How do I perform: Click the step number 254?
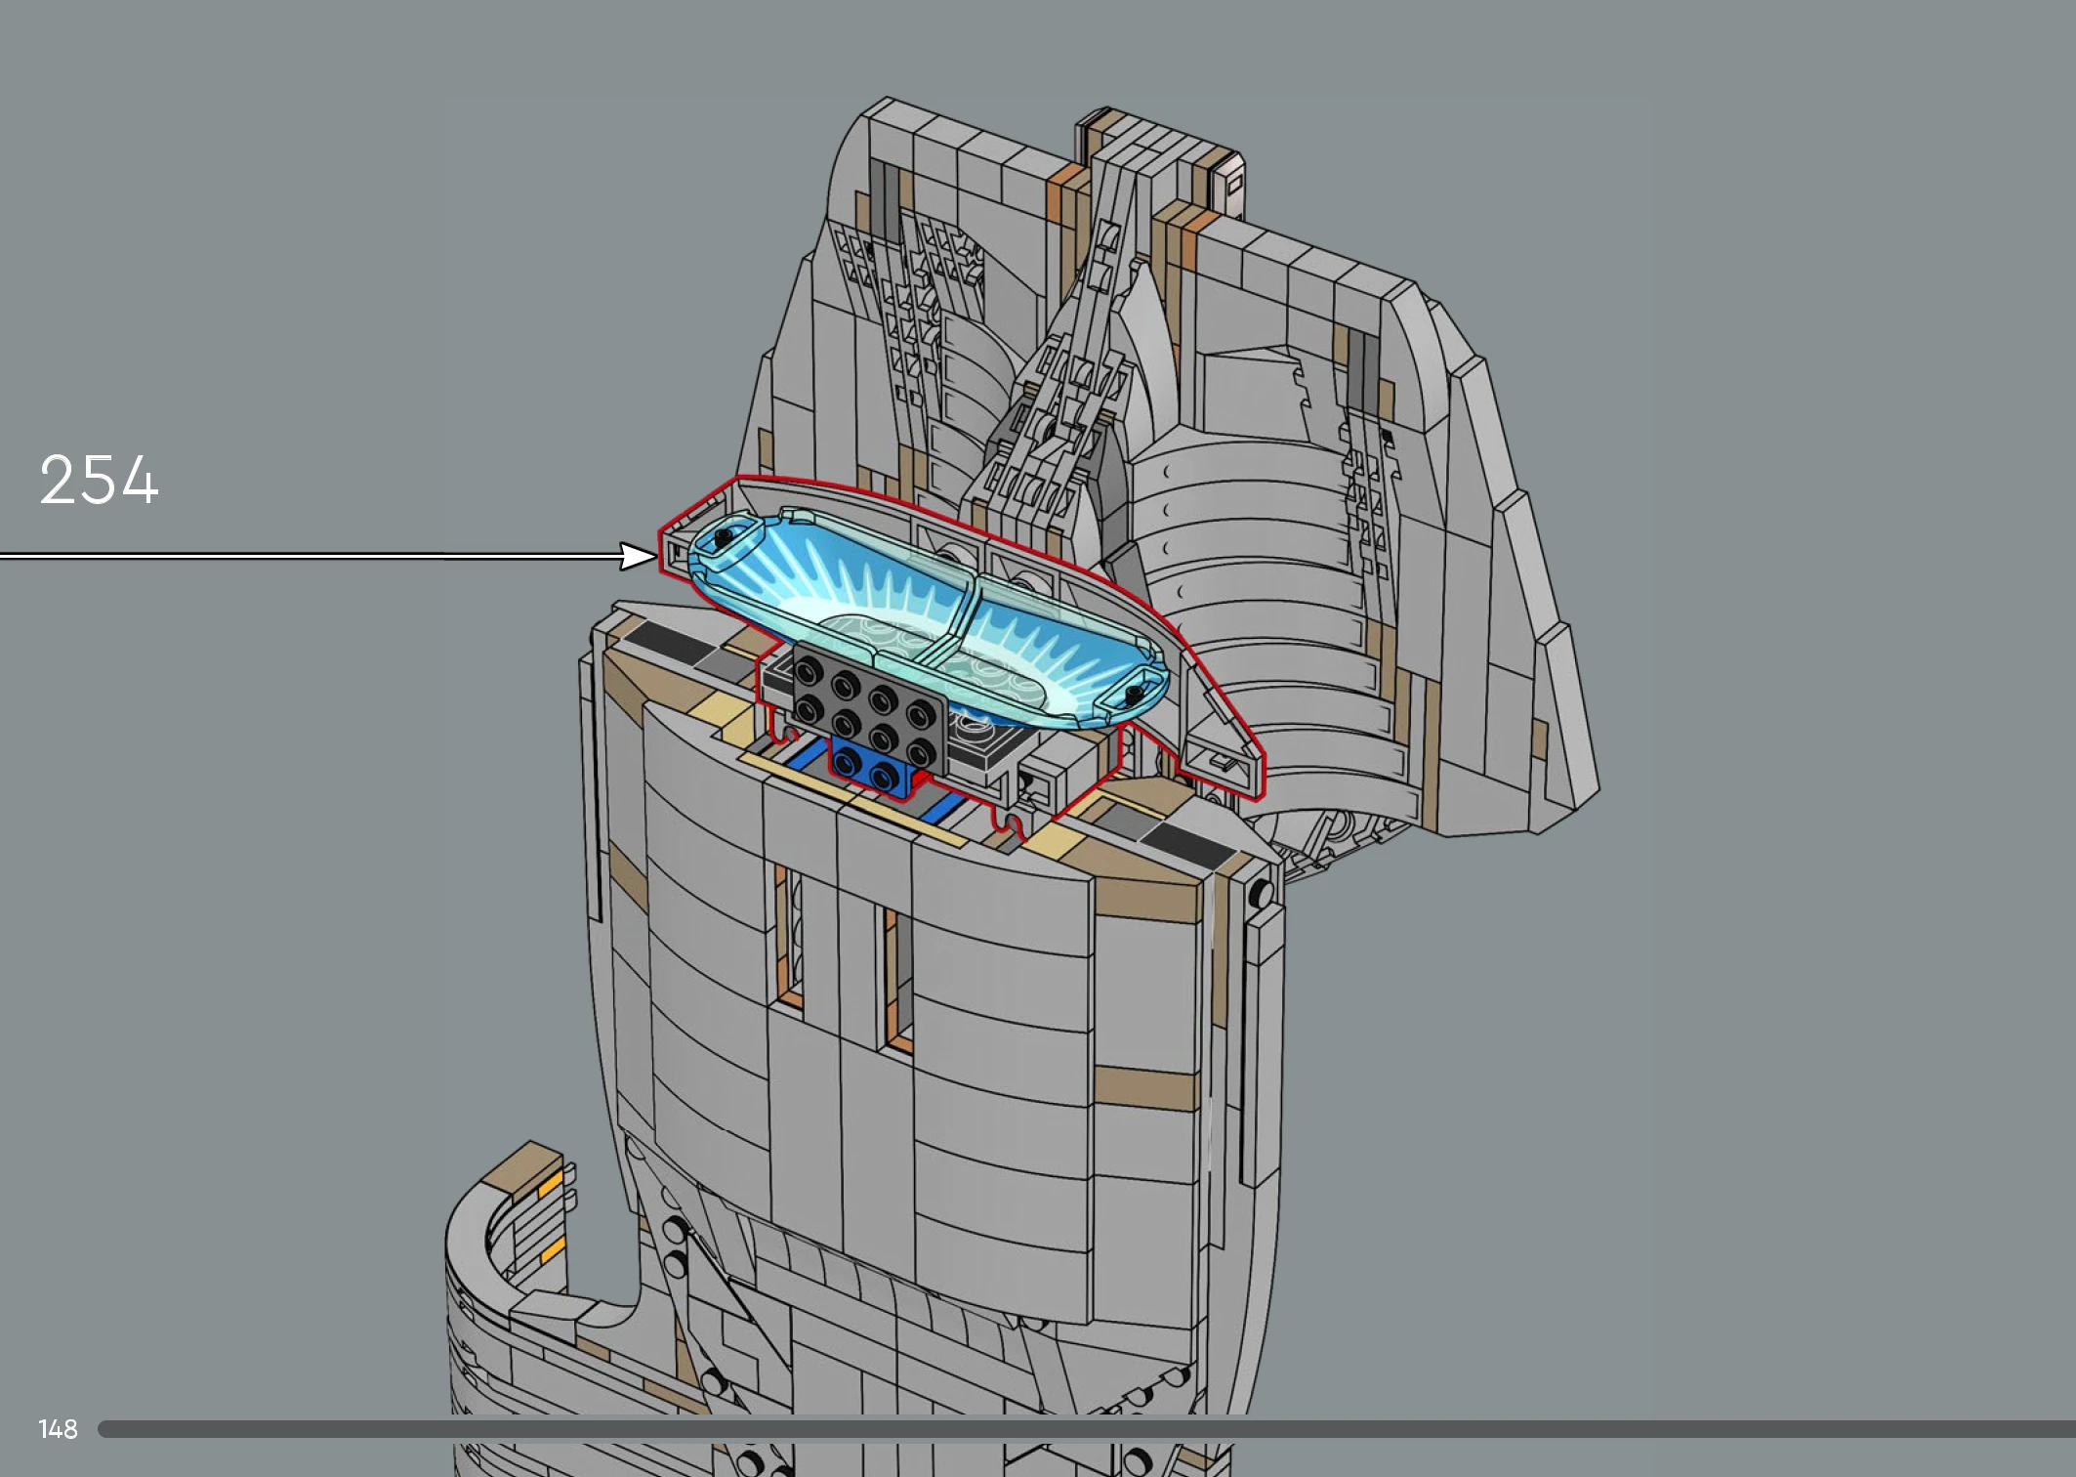point(99,480)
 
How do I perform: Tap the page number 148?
point(58,1429)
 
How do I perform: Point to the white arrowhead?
point(639,557)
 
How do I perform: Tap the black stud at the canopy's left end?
point(724,537)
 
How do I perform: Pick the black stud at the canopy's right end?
point(1134,695)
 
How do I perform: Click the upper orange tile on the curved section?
point(550,1185)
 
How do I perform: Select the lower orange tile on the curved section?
point(552,1250)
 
